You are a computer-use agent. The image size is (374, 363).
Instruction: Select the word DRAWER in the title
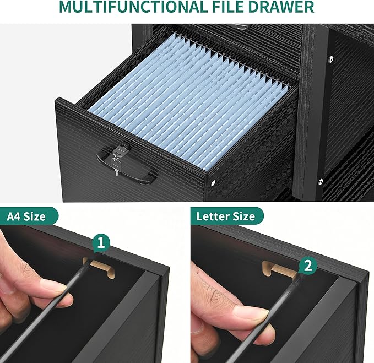[281, 7]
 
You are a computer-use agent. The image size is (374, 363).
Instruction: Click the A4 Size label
[26, 216]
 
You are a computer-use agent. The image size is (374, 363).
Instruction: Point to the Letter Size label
[226, 216]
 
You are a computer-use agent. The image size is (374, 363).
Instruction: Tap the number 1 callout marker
[101, 243]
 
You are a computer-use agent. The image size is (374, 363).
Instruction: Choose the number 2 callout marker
[308, 265]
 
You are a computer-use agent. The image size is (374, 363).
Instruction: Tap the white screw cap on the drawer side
[213, 183]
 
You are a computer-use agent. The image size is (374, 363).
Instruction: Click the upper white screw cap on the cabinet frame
[331, 59]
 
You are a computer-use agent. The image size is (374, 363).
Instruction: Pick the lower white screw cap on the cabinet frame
[321, 182]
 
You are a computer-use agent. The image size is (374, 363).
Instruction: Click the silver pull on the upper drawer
[241, 26]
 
